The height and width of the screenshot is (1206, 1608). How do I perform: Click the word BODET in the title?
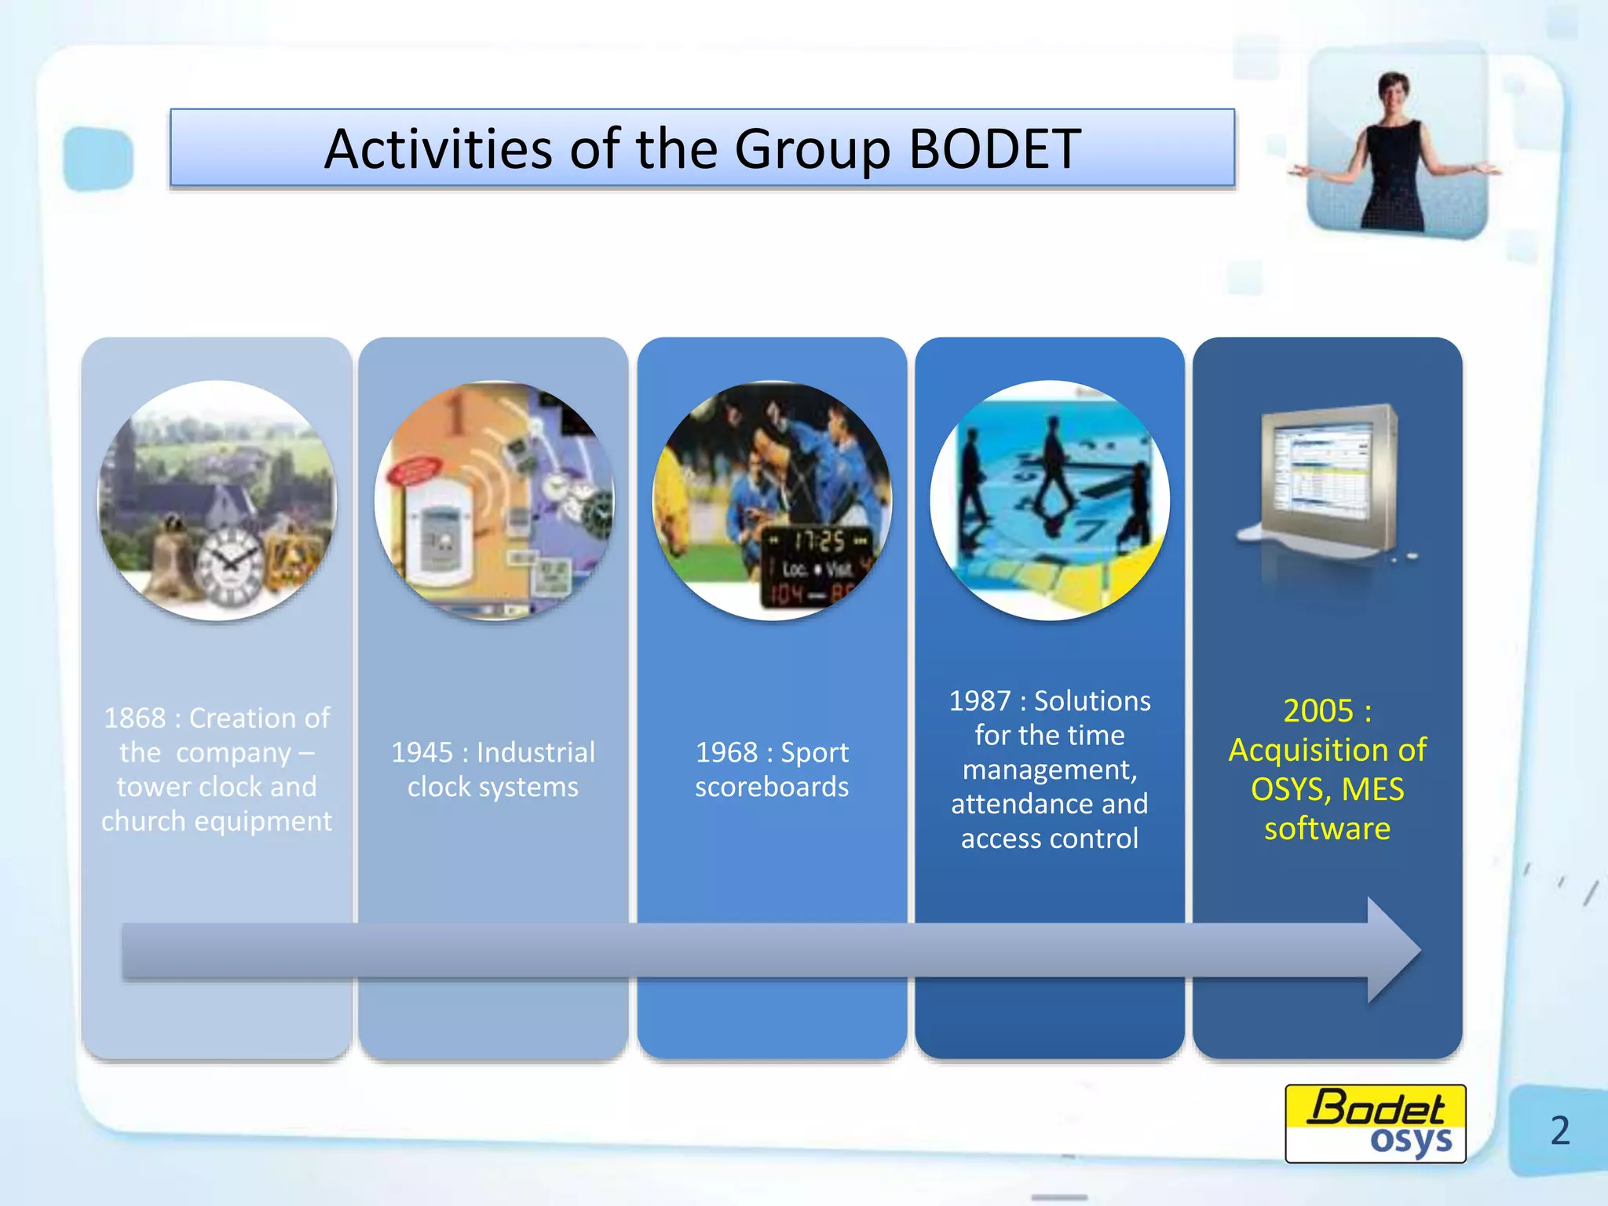click(994, 148)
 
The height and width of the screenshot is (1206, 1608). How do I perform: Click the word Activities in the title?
click(438, 148)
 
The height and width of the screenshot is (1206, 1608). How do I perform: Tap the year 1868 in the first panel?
click(135, 718)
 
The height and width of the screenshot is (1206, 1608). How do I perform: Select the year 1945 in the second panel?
click(422, 752)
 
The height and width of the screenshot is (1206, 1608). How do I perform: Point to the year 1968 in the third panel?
click(726, 752)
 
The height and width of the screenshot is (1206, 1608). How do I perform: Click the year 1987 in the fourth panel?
click(979, 700)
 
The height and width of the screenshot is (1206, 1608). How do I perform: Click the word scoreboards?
click(772, 787)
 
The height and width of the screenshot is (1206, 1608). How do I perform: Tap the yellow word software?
click(1327, 828)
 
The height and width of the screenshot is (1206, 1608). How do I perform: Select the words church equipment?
click(217, 821)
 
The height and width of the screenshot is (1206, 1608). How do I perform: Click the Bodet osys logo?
click(1375, 1124)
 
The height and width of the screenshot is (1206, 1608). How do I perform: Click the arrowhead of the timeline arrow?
click(1392, 950)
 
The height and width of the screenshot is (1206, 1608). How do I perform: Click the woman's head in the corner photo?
click(1395, 93)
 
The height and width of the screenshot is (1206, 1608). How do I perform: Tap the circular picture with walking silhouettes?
click(1050, 500)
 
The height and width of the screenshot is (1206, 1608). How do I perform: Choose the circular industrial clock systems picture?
click(494, 500)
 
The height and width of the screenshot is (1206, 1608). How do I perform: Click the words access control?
click(1049, 839)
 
